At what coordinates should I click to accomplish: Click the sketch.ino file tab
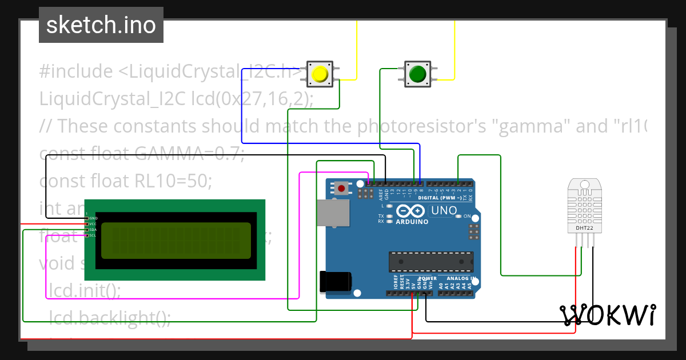pyautogui.click(x=101, y=25)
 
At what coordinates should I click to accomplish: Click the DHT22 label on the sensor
pyautogui.click(x=584, y=227)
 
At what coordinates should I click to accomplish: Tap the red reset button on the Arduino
pyautogui.click(x=342, y=187)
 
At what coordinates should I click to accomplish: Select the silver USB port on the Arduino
pyautogui.click(x=334, y=214)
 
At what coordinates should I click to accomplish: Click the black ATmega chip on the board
pyautogui.click(x=431, y=261)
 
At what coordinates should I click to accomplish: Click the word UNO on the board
pyautogui.click(x=444, y=210)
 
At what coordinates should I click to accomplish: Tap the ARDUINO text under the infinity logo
pyautogui.click(x=411, y=221)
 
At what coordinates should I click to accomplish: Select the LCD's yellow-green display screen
pyautogui.click(x=176, y=240)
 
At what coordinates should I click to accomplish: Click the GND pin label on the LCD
pyautogui.click(x=93, y=218)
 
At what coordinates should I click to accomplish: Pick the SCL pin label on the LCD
pyautogui.click(x=93, y=235)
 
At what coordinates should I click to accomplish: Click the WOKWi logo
pyautogui.click(x=608, y=315)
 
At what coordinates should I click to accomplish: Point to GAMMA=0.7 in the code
pyautogui.click(x=189, y=153)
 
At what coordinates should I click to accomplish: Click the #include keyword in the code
pyautogui.click(x=76, y=71)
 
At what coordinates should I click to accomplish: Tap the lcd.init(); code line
pyautogui.click(x=85, y=290)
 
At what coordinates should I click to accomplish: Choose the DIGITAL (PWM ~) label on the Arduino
pyautogui.click(x=441, y=198)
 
